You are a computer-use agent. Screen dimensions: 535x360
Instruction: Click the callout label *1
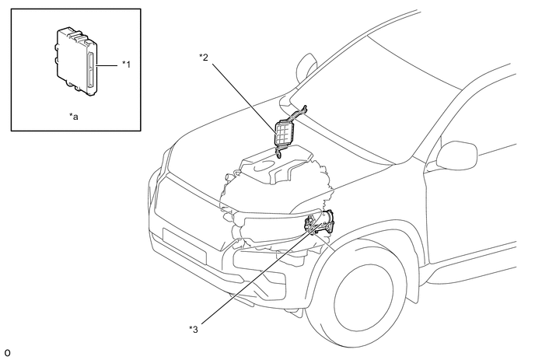coord(126,65)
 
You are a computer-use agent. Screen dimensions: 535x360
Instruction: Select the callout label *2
coord(204,57)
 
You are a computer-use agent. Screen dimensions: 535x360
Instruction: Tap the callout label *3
coord(194,330)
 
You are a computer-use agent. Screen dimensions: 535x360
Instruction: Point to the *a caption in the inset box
coord(74,117)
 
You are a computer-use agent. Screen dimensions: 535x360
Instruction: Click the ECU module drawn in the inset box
coord(76,61)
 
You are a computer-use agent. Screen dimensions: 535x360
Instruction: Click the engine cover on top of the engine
coord(275,164)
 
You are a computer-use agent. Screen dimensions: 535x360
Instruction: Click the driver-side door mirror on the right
coord(456,155)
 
